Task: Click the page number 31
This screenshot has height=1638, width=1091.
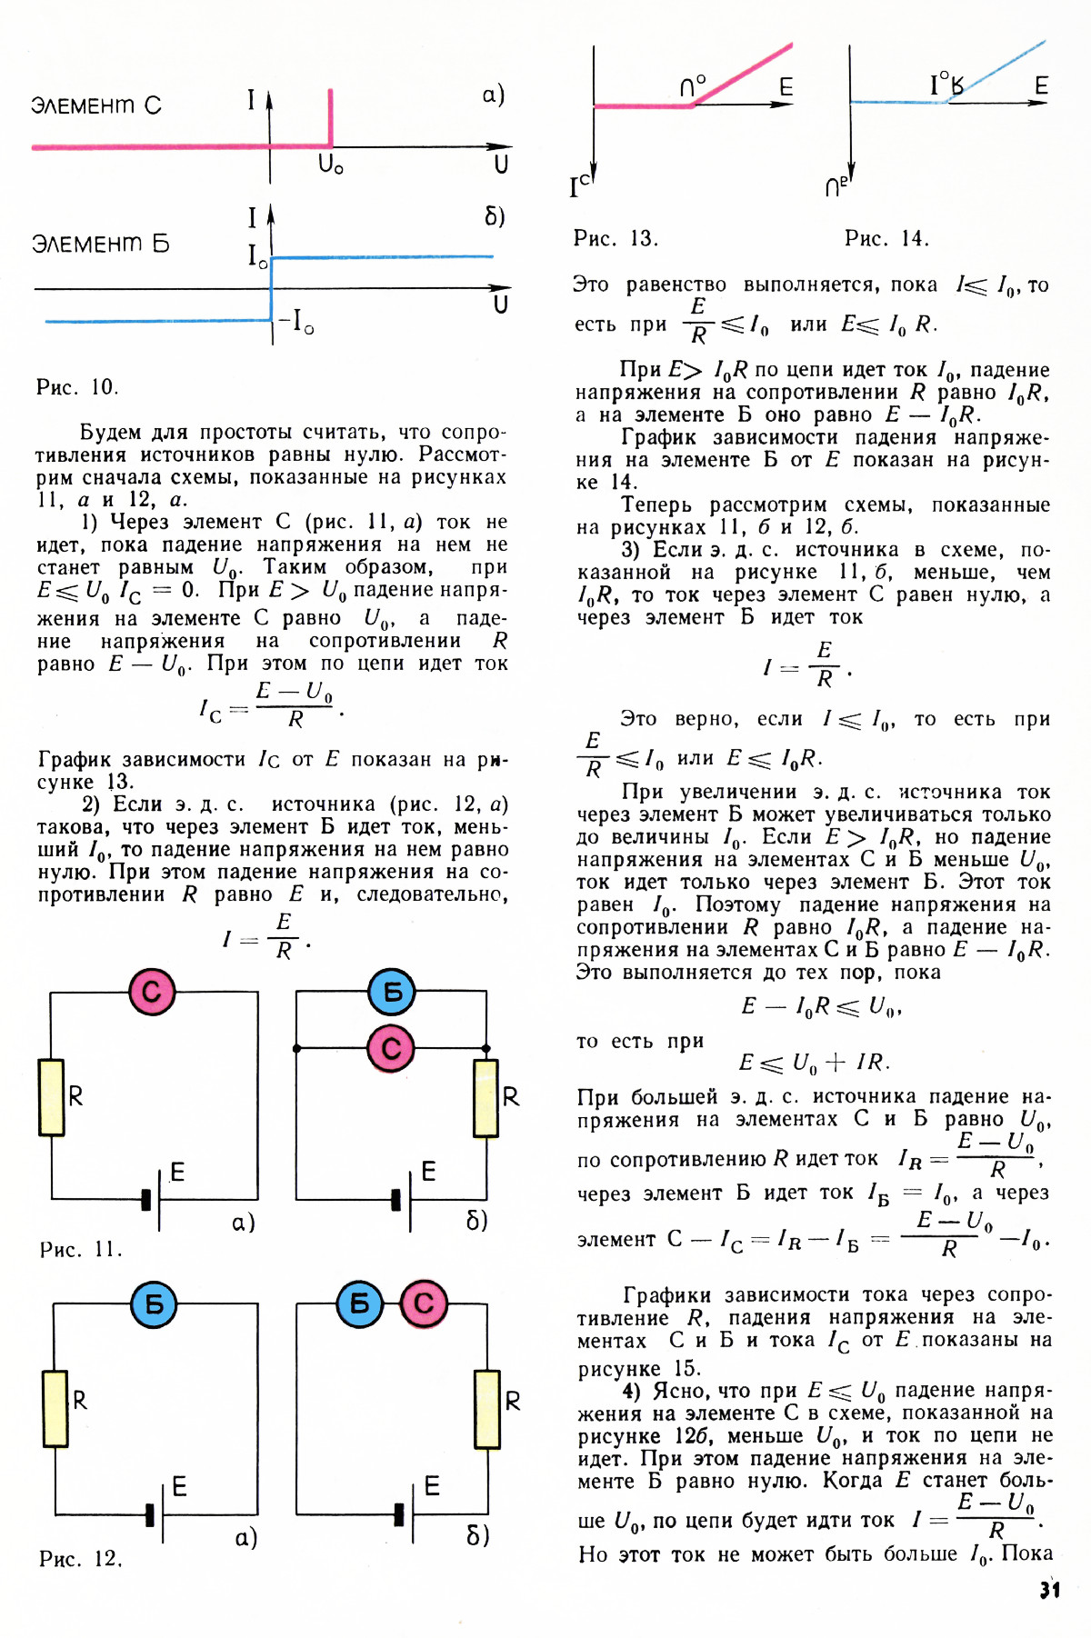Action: [1050, 1590]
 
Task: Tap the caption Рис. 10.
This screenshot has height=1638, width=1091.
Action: [77, 387]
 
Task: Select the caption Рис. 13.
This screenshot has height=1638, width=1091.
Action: [616, 238]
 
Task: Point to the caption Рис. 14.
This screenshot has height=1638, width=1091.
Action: [886, 238]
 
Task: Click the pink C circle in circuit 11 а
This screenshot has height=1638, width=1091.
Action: [152, 991]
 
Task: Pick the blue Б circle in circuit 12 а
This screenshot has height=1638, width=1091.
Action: [155, 1304]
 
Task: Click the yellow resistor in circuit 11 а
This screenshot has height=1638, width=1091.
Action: [52, 1097]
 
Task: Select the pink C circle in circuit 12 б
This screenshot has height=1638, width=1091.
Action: [424, 1303]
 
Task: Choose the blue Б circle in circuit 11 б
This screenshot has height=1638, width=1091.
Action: [392, 991]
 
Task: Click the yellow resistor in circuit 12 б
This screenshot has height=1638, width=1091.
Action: [487, 1408]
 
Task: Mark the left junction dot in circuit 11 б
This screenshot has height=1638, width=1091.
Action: [297, 1048]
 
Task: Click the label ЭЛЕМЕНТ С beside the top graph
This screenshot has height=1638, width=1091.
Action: [96, 105]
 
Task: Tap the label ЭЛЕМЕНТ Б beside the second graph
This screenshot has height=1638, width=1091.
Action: [100, 244]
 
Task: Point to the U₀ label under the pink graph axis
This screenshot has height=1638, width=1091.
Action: [331, 165]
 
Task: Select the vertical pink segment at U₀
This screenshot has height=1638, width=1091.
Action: [330, 117]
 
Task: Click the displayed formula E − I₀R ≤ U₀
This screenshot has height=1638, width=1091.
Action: [821, 1006]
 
